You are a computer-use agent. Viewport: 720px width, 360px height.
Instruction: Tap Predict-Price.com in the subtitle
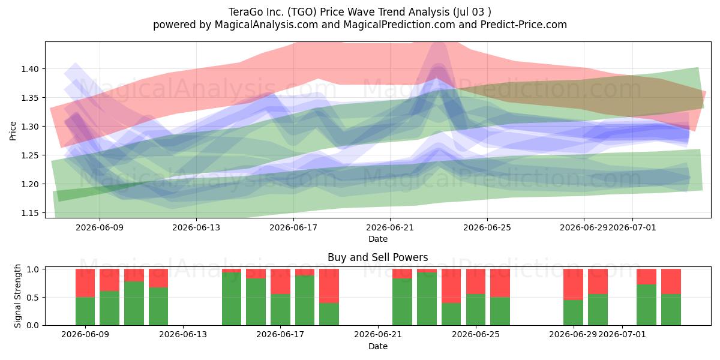click(524, 25)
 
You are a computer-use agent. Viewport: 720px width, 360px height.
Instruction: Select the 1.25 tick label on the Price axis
click(29, 155)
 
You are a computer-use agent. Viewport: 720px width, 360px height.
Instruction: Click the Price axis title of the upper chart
click(13, 131)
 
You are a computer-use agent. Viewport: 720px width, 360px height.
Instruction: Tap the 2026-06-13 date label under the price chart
click(196, 227)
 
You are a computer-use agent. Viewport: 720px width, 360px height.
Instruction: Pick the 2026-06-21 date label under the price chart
click(390, 227)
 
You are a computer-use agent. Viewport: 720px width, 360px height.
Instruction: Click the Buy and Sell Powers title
click(377, 257)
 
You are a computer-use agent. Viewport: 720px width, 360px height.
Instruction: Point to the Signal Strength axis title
click(17, 296)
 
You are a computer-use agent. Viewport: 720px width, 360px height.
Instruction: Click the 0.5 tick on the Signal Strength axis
click(33, 298)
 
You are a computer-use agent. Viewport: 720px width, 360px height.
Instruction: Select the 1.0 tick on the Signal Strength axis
click(33, 269)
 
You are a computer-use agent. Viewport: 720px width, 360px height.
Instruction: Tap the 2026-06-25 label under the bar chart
click(476, 334)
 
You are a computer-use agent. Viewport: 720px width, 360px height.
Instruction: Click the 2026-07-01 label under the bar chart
click(622, 334)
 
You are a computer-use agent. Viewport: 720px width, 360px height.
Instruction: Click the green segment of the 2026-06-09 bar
click(85, 311)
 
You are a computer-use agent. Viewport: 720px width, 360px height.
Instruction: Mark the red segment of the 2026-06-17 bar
click(280, 281)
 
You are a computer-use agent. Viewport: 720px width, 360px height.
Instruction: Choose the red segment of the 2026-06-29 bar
click(574, 284)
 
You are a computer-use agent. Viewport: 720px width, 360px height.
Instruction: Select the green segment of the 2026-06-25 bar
click(476, 310)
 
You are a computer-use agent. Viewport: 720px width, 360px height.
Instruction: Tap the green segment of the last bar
click(671, 310)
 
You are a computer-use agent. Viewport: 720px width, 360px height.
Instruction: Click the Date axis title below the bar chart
click(378, 346)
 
